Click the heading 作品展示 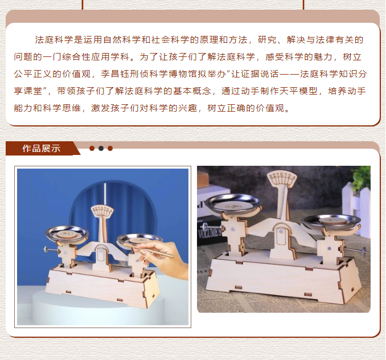42,148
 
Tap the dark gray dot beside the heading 101,148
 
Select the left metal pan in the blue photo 67,234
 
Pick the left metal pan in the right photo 233,203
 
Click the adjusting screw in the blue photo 51,250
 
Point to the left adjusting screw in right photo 212,227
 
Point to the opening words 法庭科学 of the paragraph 54,40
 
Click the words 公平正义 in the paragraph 33,74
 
